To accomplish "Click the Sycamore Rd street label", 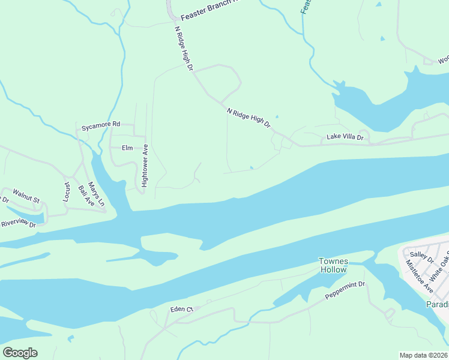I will pos(101,124).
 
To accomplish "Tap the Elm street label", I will pos(127,148).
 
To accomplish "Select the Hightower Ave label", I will pos(145,170).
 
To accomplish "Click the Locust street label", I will pos(67,191).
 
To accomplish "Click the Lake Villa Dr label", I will pos(345,137).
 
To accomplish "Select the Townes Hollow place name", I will pos(333,265).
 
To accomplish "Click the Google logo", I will pos(20,353).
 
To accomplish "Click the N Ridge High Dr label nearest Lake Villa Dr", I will pos(249,118).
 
